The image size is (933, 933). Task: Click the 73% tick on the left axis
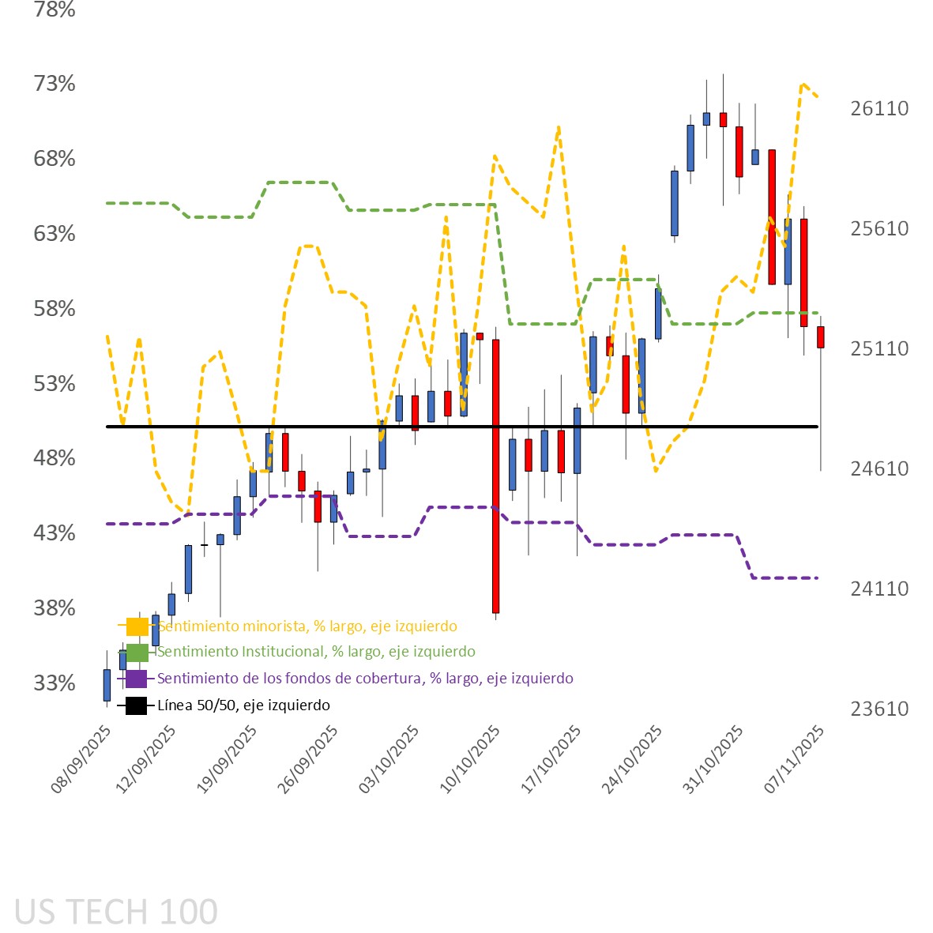point(55,83)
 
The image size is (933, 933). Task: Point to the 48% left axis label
point(55,458)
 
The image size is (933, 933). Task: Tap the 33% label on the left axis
point(55,683)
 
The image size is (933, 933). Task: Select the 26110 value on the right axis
point(879,108)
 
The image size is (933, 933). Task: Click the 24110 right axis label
point(879,589)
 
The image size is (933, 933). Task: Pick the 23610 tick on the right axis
point(879,709)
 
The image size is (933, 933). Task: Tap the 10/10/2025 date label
point(471,759)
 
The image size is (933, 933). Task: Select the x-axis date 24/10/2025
point(633,759)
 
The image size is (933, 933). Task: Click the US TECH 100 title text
point(116,912)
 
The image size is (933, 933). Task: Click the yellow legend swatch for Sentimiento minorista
point(137,626)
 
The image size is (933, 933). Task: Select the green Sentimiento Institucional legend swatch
point(137,653)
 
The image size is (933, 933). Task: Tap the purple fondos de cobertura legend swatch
point(136,679)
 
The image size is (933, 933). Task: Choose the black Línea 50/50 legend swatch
point(136,705)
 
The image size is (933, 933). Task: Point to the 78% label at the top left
point(55,9)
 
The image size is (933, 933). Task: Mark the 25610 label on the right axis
point(879,228)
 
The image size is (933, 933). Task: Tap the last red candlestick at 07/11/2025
point(821,337)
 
